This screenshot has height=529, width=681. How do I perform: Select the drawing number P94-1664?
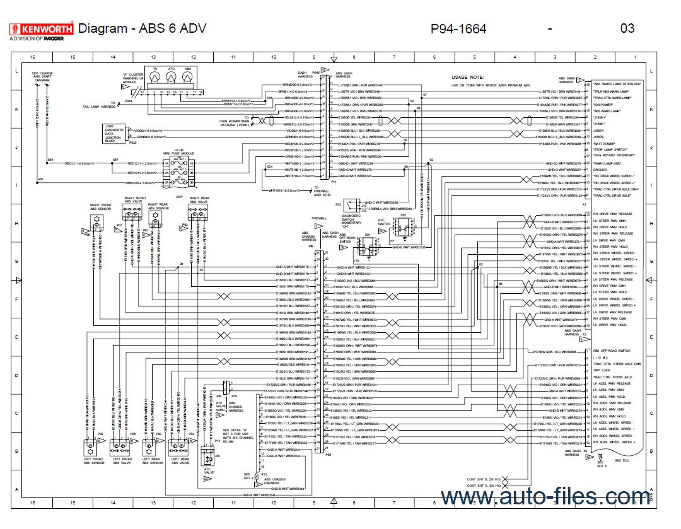pos(458,28)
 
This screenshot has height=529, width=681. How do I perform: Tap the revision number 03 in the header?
pos(627,28)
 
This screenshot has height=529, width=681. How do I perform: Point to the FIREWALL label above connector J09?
pos(320,218)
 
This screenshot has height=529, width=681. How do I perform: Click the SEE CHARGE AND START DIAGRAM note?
pos(42,77)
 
